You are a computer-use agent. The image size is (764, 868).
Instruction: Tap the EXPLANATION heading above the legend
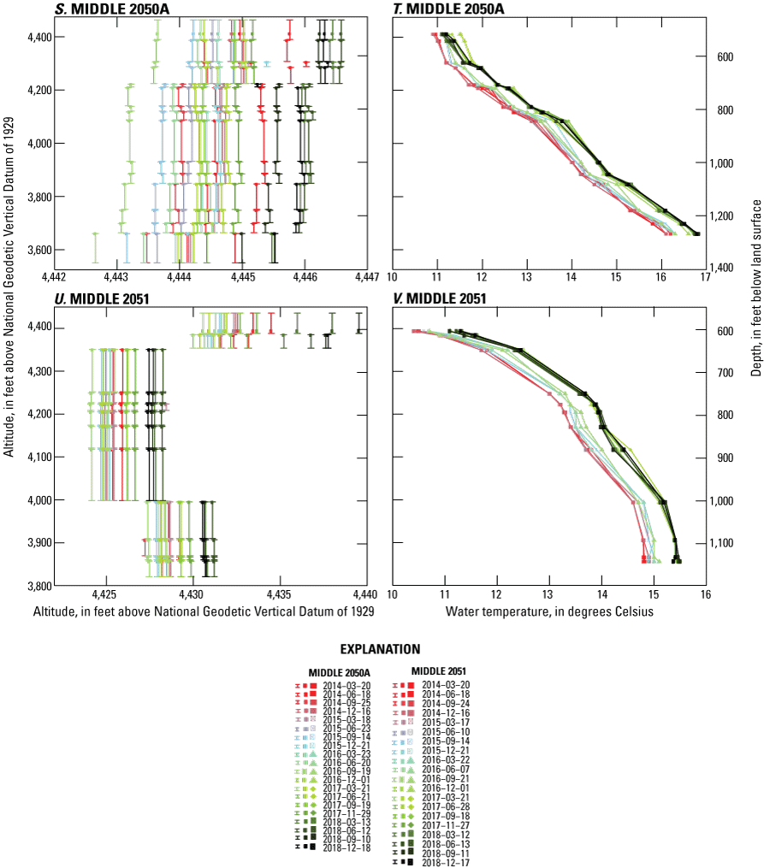[x=382, y=649]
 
